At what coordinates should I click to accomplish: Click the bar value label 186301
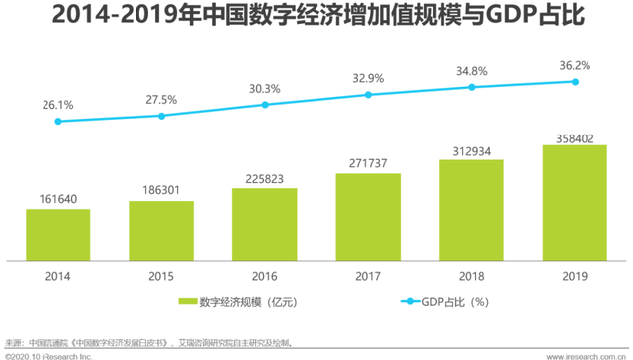[161, 189]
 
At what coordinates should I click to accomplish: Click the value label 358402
[575, 135]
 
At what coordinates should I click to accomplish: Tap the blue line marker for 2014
[58, 121]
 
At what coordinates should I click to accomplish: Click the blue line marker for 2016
[265, 104]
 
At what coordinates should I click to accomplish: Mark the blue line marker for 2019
[575, 82]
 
